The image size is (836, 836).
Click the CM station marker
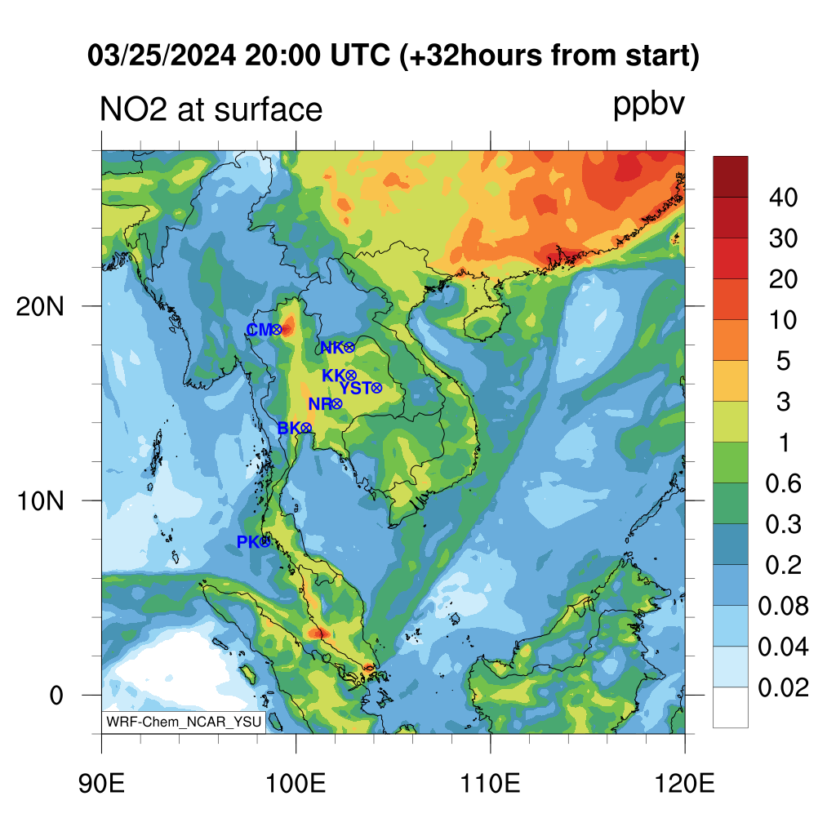click(276, 330)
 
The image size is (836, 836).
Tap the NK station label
click(331, 348)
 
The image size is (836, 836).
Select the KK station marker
click(350, 376)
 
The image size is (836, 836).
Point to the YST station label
click(355, 388)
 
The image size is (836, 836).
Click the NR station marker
click(336, 403)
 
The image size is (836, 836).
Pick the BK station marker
click(306, 428)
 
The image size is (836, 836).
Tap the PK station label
click(248, 542)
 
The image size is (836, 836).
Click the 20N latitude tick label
click(40, 307)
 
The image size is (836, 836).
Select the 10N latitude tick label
click(40, 501)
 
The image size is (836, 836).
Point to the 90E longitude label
click(101, 784)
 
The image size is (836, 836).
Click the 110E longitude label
click(490, 784)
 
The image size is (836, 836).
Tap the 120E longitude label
click(685, 784)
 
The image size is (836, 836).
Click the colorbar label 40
click(783, 198)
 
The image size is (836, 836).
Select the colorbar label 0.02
click(783, 687)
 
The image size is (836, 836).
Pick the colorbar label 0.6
click(783, 483)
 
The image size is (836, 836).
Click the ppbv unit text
click(648, 104)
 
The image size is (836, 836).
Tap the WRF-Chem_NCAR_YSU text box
click(184, 722)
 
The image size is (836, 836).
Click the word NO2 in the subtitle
click(133, 109)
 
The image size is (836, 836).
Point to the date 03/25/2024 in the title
click(162, 56)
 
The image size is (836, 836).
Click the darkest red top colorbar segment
click(731, 177)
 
